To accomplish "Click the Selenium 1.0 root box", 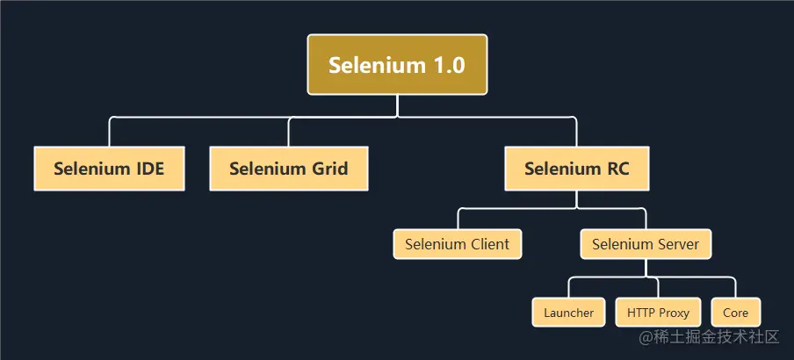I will [x=397, y=65].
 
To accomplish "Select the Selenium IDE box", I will [x=109, y=169].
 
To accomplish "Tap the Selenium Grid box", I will [x=289, y=169].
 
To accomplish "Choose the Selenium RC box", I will [x=577, y=169].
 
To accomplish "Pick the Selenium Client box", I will [x=458, y=244].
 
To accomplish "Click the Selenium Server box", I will [x=646, y=244].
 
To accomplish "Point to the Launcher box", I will [x=568, y=313].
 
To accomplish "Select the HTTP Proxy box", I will [x=658, y=313].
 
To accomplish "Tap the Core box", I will [x=735, y=313].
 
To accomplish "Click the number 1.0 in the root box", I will [x=447, y=65].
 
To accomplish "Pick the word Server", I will [x=677, y=244].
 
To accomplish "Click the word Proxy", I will [x=675, y=313].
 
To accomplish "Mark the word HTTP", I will [x=641, y=313].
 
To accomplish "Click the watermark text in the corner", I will [x=710, y=337].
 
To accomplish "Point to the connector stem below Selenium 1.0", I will [x=397, y=105].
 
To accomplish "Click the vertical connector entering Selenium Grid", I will [x=289, y=132].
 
